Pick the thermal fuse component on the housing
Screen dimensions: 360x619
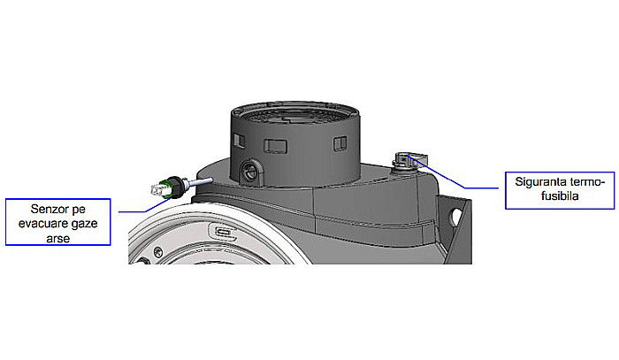tap(406, 162)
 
